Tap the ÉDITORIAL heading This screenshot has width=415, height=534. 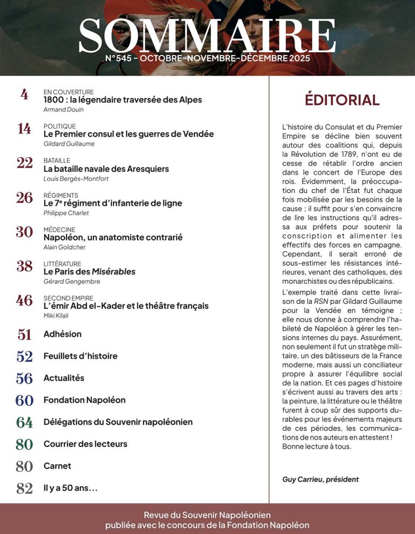point(342,100)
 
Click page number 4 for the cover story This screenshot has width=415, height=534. point(24,95)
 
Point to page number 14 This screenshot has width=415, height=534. point(24,129)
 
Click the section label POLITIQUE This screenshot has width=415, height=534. point(60,126)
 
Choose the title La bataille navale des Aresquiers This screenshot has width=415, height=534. point(106,169)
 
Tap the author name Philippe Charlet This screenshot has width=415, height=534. point(66,213)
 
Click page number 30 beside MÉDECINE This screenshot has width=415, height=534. point(24,232)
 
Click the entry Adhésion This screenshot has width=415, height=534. point(63,334)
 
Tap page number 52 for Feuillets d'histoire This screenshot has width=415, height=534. point(24,357)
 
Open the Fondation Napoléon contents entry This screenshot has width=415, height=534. point(84,400)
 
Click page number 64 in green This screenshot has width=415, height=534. point(24,423)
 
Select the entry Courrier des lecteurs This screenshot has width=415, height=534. point(85,444)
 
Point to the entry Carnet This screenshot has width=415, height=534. point(57,466)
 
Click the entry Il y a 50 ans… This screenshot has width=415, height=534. point(71,488)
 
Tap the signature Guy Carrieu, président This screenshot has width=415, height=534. point(320,479)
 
